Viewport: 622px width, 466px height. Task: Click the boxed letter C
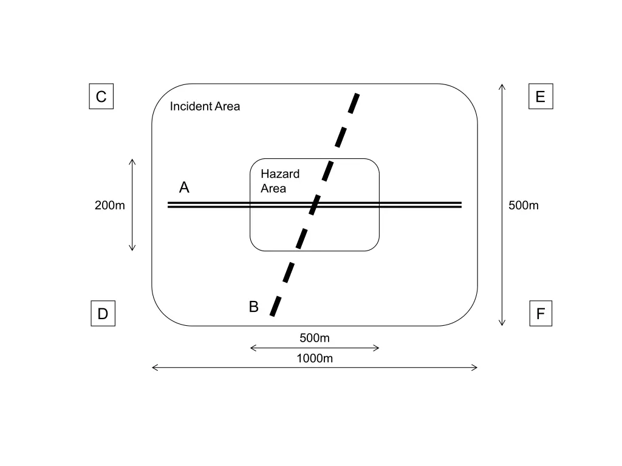(x=101, y=96)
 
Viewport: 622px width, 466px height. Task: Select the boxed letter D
(x=103, y=314)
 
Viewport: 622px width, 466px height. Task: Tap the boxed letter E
(x=540, y=96)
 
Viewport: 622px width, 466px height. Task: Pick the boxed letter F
(x=540, y=314)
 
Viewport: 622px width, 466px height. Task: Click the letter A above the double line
(x=184, y=188)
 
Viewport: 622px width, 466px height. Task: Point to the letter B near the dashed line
(x=254, y=307)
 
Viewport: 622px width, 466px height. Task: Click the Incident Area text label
(x=205, y=107)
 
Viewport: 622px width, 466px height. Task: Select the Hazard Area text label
(x=280, y=181)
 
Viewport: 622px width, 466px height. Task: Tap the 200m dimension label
(x=110, y=205)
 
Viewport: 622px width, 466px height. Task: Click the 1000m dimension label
(x=315, y=358)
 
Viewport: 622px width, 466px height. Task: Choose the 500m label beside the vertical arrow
(x=524, y=205)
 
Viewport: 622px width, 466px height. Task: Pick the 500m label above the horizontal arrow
(x=315, y=338)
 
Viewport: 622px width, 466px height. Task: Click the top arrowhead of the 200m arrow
(x=132, y=161)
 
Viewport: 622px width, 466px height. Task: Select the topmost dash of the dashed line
(x=354, y=103)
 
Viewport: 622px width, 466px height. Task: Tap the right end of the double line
(x=461, y=204)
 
